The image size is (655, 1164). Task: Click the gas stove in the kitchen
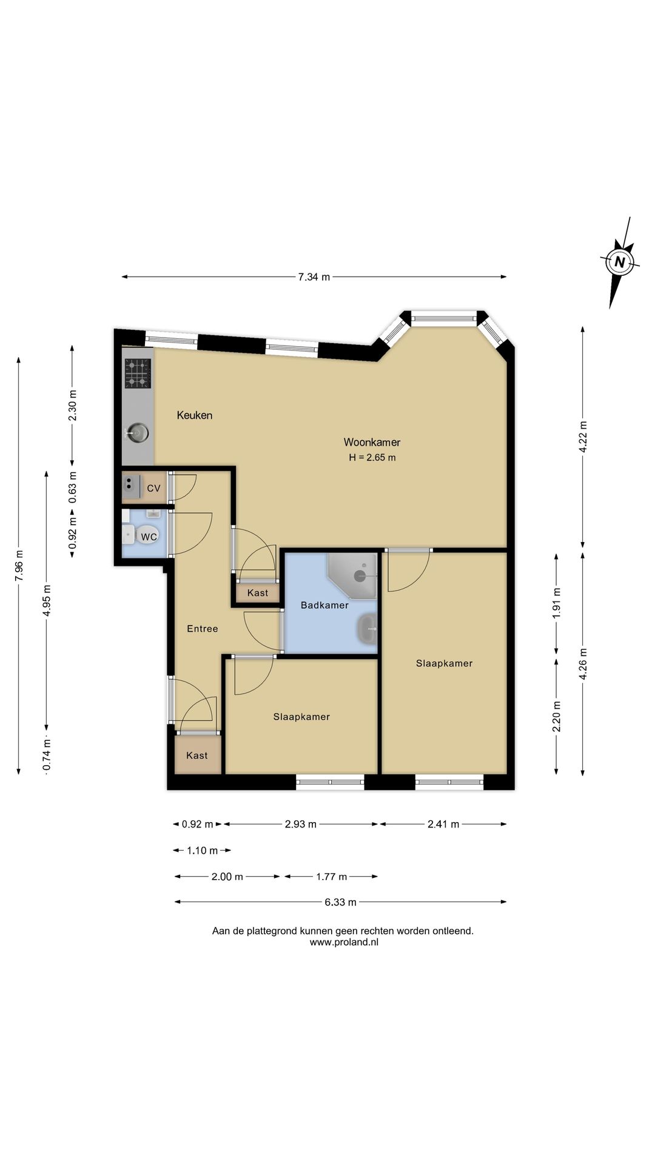click(x=138, y=373)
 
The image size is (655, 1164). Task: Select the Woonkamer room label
click(x=372, y=443)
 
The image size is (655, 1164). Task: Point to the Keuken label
click(x=195, y=415)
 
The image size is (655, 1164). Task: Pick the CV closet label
click(x=153, y=488)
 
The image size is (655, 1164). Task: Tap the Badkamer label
click(x=324, y=605)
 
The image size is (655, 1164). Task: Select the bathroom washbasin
click(x=368, y=630)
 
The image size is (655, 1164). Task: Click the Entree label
click(x=203, y=629)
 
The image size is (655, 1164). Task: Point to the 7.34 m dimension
click(x=314, y=277)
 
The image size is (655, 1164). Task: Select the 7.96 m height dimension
click(x=19, y=566)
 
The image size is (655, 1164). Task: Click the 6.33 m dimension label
click(x=340, y=902)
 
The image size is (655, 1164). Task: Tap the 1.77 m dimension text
click(x=332, y=877)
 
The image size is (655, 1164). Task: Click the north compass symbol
click(x=619, y=263)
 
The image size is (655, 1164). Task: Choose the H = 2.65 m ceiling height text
click(x=372, y=458)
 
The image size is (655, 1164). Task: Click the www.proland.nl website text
click(x=344, y=943)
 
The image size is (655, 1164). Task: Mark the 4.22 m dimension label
click(x=583, y=436)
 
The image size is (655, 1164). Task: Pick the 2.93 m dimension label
click(x=301, y=824)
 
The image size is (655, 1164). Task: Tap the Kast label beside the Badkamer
click(x=258, y=593)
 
